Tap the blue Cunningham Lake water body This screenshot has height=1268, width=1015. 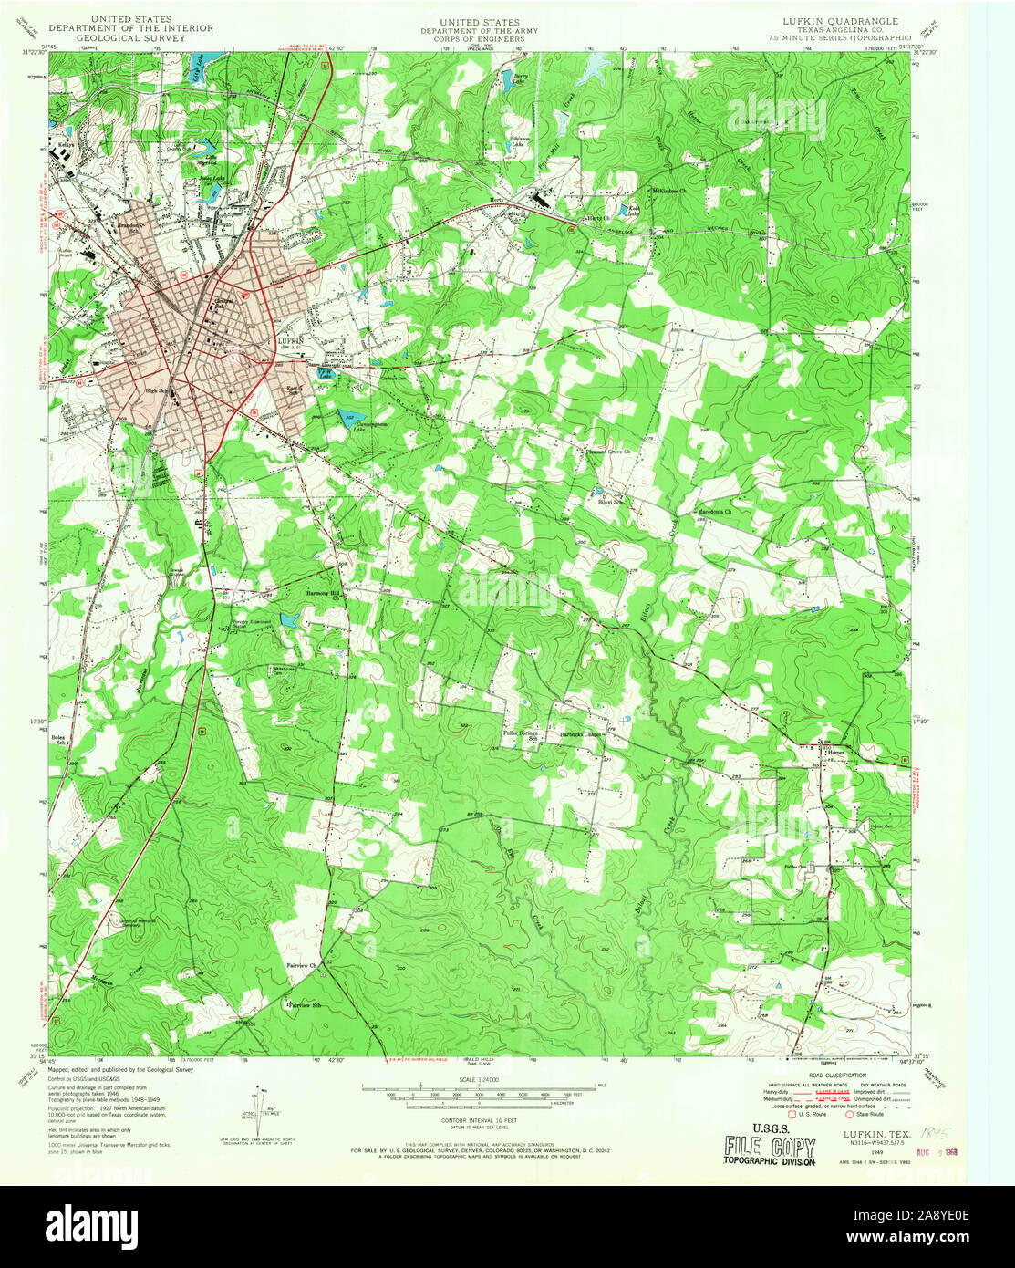347,417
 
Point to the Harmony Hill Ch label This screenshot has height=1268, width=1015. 322,593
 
